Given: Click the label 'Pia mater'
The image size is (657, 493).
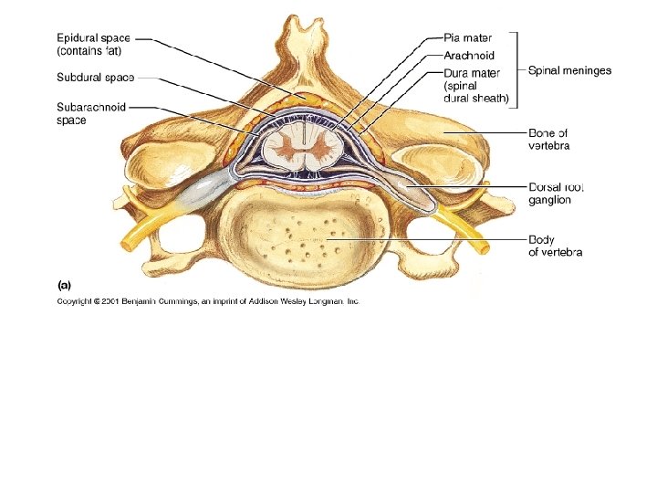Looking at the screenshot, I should click(x=467, y=38).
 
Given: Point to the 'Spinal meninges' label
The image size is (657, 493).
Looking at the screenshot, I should click(x=570, y=69).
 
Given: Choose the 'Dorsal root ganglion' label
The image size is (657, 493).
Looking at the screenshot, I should click(x=556, y=193).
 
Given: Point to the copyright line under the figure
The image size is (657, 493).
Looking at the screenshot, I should click(x=209, y=300).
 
